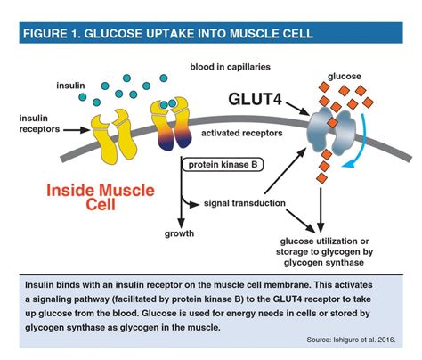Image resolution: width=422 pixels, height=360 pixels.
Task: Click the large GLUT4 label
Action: tap(255, 99)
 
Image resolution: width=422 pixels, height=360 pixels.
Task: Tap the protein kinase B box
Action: tap(223, 165)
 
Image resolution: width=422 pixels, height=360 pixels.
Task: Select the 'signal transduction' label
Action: tap(245, 203)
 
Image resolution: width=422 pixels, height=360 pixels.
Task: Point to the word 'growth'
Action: tap(179, 233)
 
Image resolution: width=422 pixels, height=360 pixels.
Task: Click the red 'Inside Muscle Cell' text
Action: tap(101, 197)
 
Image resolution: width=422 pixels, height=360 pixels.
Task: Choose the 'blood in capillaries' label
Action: tap(230, 67)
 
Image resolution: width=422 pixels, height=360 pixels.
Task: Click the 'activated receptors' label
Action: tap(242, 133)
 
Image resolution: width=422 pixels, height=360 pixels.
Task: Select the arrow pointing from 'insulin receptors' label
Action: tap(77, 130)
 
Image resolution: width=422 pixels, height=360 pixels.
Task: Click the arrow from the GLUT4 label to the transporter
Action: tap(297, 109)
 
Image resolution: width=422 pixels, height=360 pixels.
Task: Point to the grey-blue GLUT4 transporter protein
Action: tap(331, 131)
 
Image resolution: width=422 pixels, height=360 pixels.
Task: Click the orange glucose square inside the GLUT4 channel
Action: tap(332, 122)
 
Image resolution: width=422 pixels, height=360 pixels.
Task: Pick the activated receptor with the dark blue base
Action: tap(172, 125)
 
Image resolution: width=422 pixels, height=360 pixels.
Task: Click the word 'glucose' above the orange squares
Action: tap(345, 77)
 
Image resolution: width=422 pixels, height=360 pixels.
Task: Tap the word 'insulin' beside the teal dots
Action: tap(70, 86)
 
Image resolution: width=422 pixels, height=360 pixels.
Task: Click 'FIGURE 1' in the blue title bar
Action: tap(49, 33)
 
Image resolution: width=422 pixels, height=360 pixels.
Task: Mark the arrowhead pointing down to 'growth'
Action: tap(181, 223)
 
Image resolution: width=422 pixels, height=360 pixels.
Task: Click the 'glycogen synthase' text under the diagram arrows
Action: tap(324, 263)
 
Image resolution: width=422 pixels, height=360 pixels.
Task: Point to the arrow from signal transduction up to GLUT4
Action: tap(285, 171)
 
